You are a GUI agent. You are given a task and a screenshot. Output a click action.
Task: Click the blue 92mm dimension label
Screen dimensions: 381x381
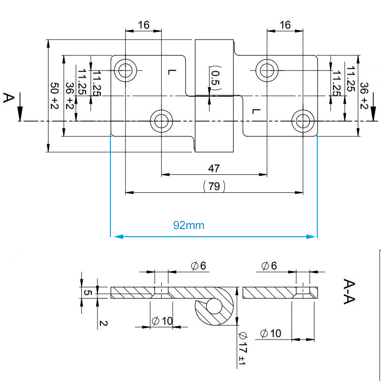[x=189, y=225]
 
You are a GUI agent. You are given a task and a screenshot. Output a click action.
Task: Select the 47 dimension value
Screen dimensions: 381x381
[x=214, y=168]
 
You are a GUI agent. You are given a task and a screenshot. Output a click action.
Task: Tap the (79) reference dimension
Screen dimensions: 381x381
[x=214, y=186]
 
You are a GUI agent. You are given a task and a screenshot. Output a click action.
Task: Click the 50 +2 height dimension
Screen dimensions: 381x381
[x=54, y=96]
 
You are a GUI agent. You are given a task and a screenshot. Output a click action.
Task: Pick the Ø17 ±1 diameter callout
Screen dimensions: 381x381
[x=241, y=349]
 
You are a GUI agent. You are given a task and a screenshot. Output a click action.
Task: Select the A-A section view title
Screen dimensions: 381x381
[x=350, y=291]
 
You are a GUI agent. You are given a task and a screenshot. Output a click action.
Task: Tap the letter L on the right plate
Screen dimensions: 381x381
[x=256, y=111]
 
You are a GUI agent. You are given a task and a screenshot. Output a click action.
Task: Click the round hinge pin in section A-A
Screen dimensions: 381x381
[x=214, y=306]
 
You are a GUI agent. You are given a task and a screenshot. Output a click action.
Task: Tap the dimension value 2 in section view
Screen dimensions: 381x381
[x=101, y=323]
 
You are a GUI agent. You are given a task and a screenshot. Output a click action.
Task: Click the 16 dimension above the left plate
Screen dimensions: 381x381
[x=143, y=25]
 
